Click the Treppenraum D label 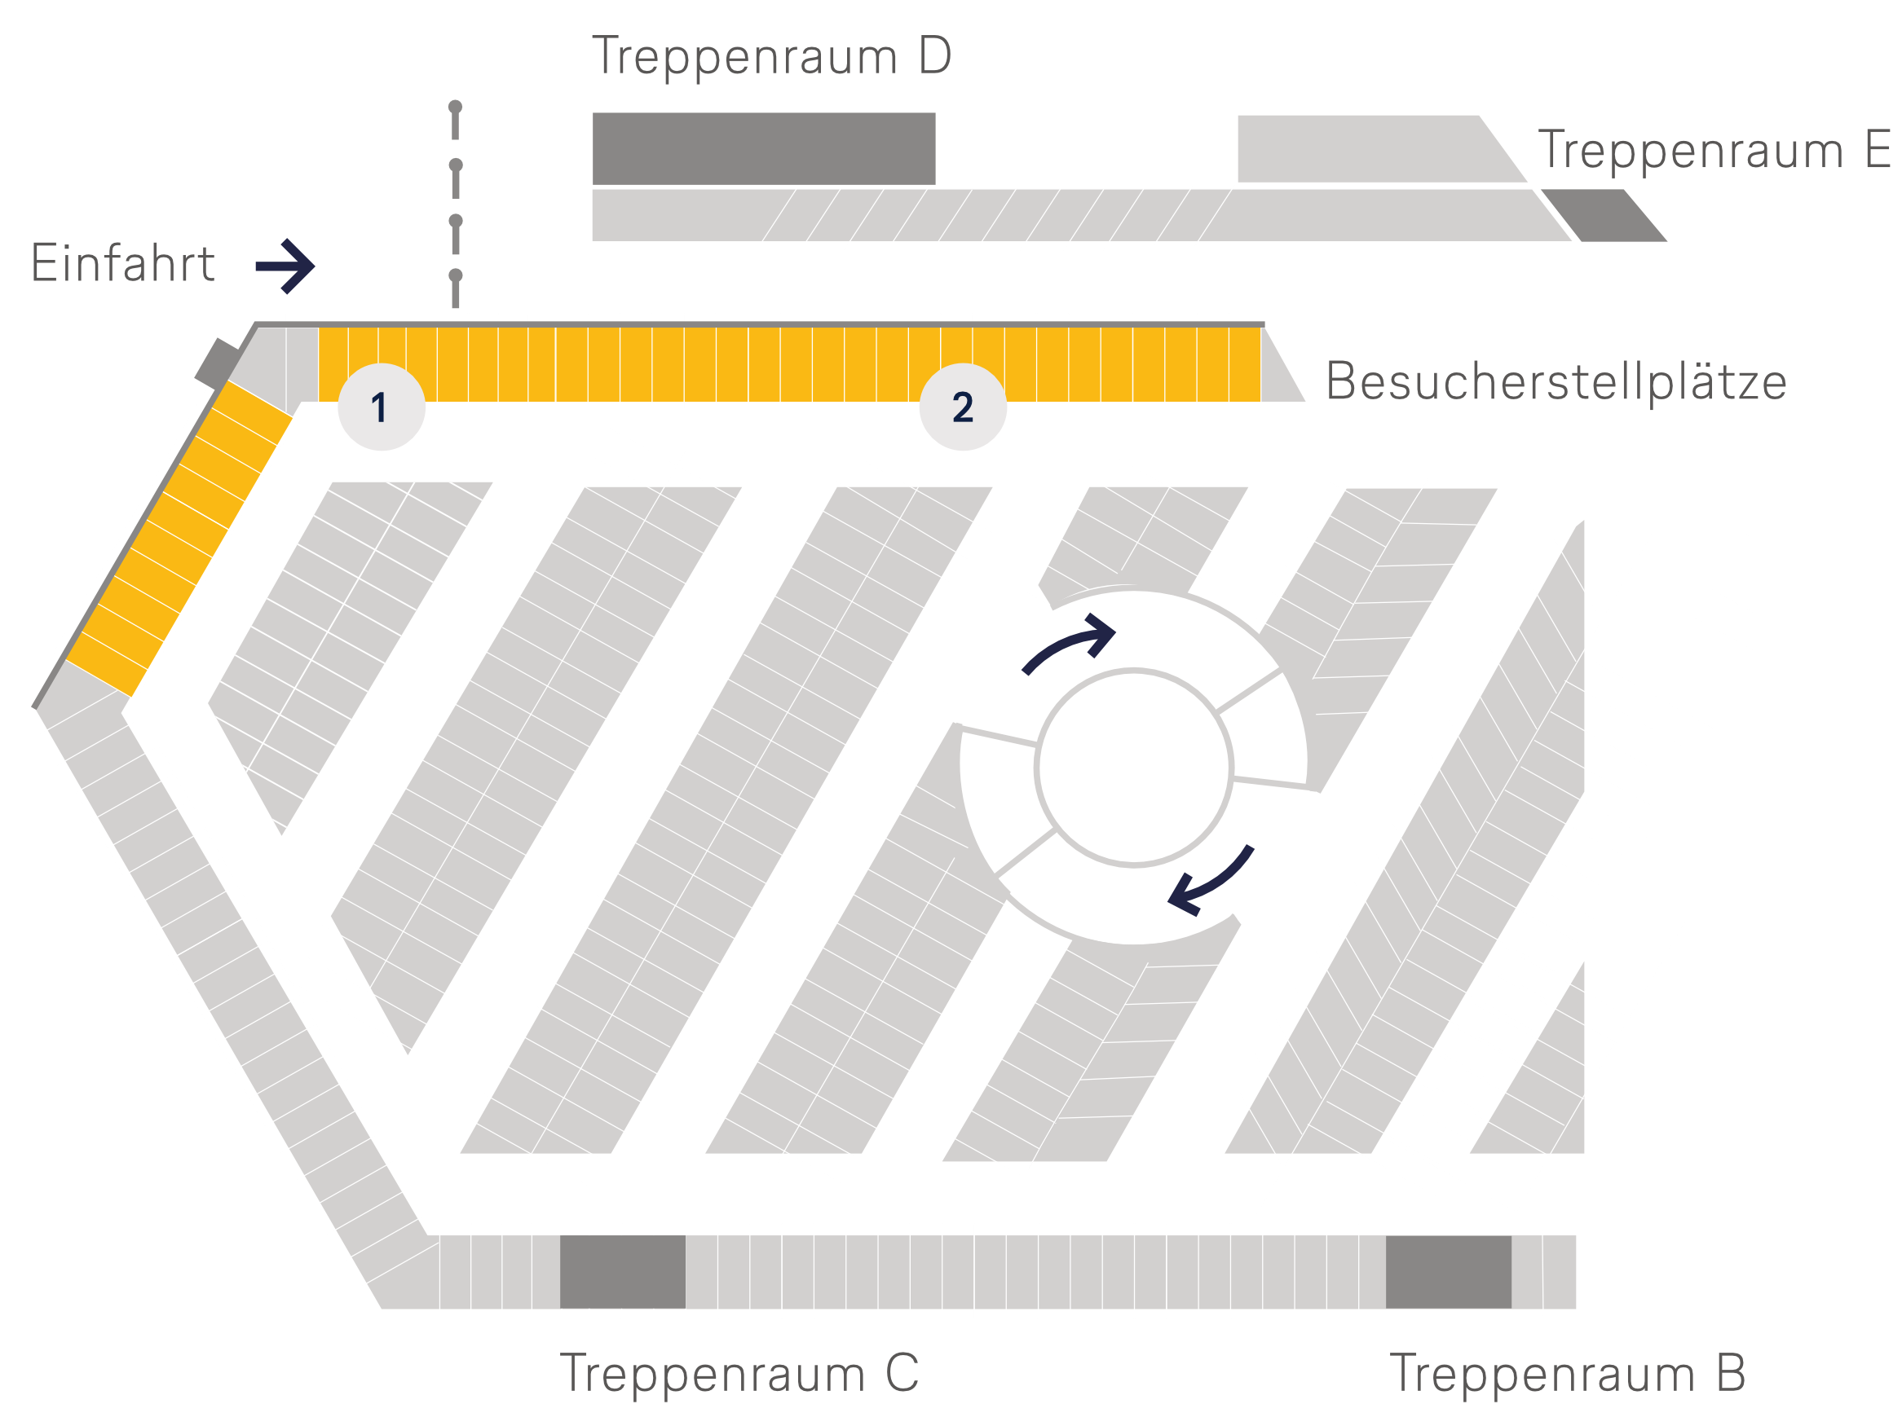(771, 57)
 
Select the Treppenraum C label (739, 1373)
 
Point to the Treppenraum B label (1568, 1373)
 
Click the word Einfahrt (123, 263)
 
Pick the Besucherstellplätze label (1556, 381)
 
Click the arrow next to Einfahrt (286, 266)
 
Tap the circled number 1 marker (381, 407)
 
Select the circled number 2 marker (962, 407)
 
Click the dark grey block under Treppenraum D (764, 148)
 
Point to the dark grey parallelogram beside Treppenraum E (1604, 216)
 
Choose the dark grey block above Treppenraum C (623, 1272)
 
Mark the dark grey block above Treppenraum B (1448, 1272)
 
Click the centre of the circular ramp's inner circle (1134, 768)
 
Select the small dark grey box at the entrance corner (217, 363)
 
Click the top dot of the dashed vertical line (456, 108)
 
